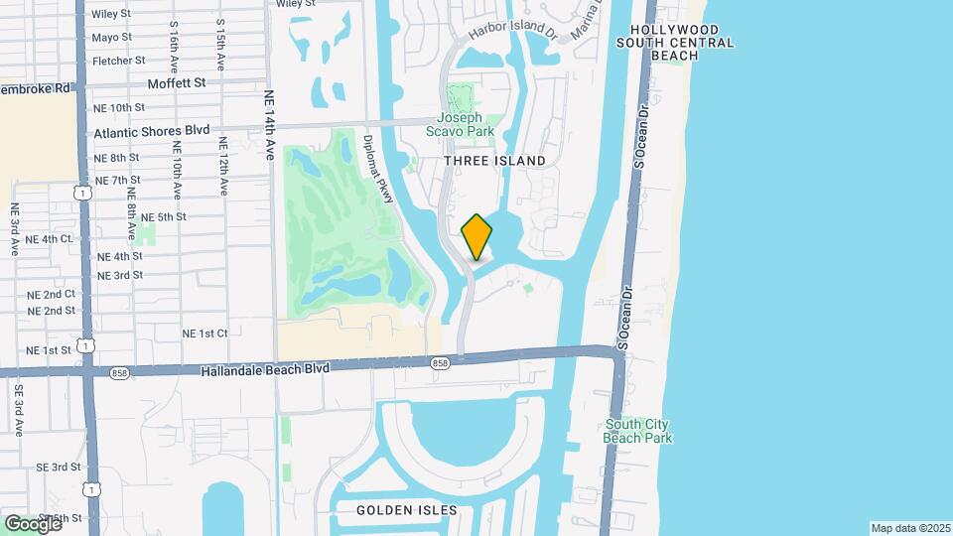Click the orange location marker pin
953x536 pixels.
(x=477, y=237)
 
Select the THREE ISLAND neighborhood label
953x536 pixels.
(x=494, y=161)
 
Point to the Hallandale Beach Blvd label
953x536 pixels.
(x=265, y=367)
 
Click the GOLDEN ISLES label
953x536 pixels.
(x=407, y=510)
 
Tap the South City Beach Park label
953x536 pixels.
(x=639, y=431)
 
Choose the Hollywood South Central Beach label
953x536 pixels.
(x=674, y=43)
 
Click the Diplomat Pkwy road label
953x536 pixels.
(x=379, y=170)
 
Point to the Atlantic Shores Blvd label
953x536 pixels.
(x=152, y=131)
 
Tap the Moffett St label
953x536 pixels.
(x=176, y=83)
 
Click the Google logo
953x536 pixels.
(x=33, y=523)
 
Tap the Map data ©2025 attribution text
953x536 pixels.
(x=909, y=528)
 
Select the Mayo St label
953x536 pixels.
(x=111, y=38)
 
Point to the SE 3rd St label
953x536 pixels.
(x=58, y=467)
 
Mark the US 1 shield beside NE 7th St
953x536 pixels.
(x=86, y=193)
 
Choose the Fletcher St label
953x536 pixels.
(x=118, y=61)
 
